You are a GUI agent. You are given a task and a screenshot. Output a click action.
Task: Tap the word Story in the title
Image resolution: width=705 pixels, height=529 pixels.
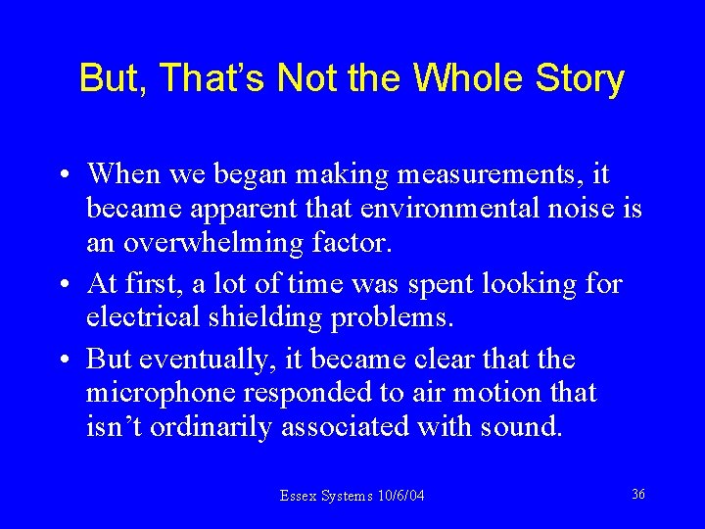[579, 79]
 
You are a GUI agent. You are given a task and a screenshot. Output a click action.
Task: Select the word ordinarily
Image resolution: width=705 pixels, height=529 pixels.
[211, 426]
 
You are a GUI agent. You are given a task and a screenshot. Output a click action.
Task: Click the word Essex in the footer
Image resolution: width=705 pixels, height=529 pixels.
[298, 497]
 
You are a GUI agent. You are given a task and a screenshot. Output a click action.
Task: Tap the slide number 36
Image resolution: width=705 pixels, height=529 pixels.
[637, 495]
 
